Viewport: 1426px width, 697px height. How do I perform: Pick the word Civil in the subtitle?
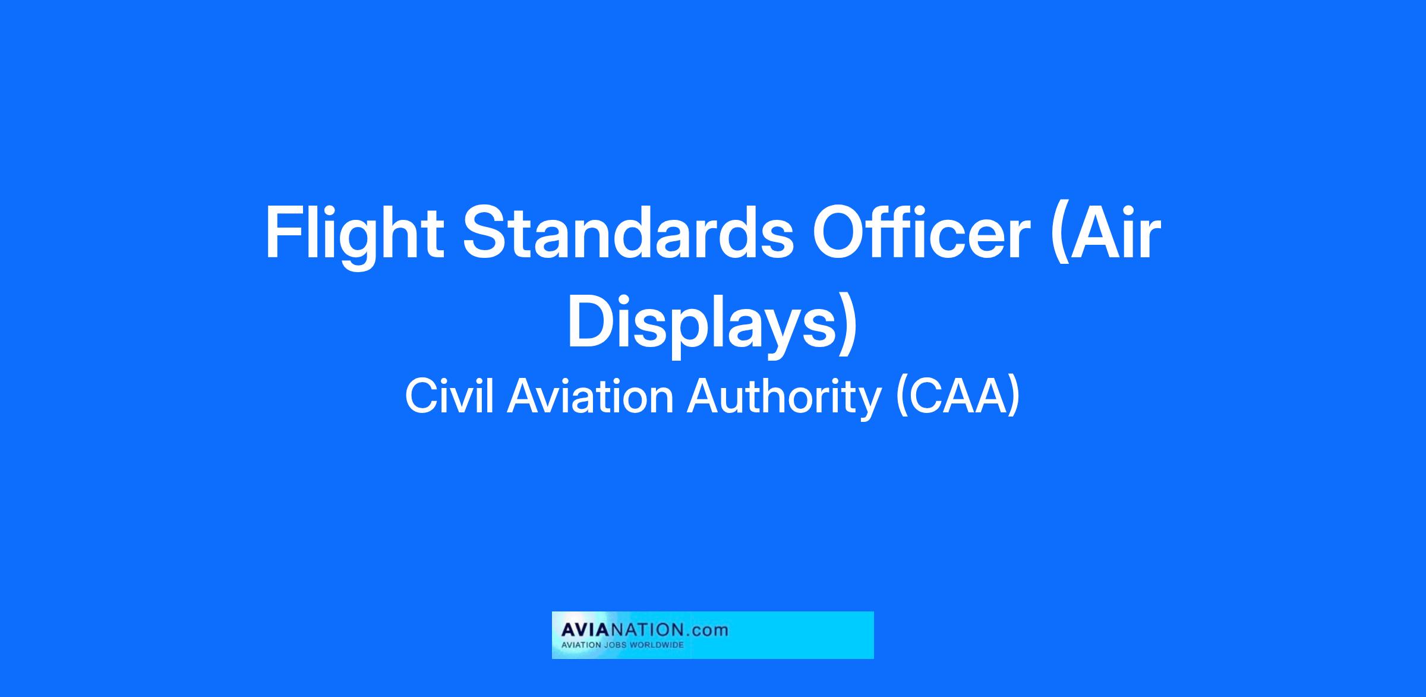pyautogui.click(x=449, y=396)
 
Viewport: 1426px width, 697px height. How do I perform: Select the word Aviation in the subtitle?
pyautogui.click(x=590, y=396)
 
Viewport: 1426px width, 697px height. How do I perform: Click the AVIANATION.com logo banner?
pyautogui.click(x=712, y=635)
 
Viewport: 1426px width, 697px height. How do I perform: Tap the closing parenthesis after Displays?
pyautogui.click(x=848, y=327)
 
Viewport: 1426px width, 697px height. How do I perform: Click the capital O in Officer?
pyautogui.click(x=841, y=232)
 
